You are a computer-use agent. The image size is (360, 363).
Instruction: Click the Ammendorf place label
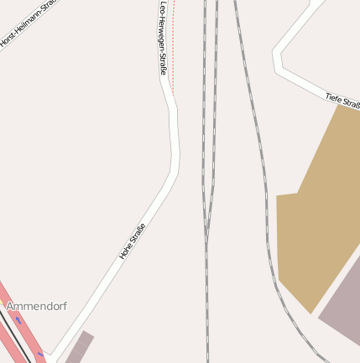36,307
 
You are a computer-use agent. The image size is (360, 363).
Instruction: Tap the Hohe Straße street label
133,241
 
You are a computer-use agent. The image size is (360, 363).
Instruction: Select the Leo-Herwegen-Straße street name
163,38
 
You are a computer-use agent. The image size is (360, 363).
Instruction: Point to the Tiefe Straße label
342,101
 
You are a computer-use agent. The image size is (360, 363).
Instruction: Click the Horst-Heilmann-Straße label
23,25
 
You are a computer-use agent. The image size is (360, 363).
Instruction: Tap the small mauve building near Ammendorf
79,347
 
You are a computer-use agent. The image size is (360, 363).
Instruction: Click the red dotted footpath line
173,50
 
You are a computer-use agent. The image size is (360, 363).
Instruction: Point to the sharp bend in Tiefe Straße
277,59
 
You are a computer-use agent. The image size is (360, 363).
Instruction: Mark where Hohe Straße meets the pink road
49,355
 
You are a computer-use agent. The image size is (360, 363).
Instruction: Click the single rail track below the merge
206,310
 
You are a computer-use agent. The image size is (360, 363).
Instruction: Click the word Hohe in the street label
127,249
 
